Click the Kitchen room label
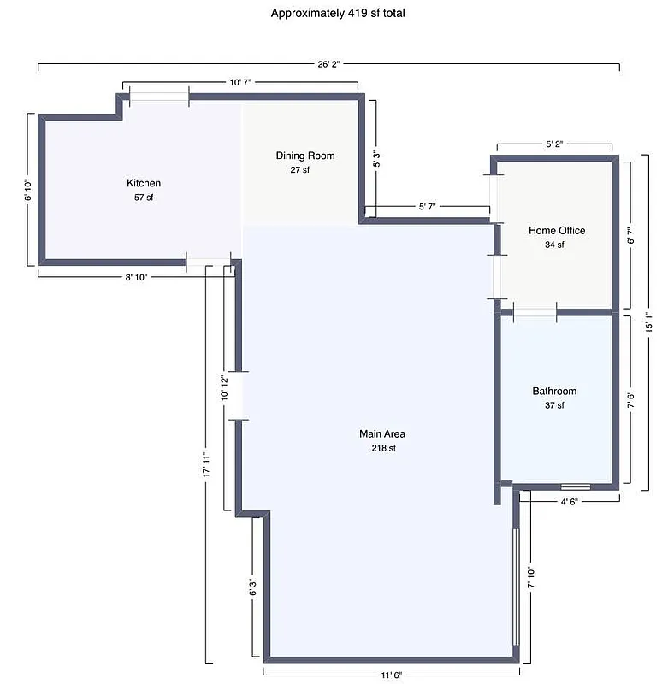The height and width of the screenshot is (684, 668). point(144,183)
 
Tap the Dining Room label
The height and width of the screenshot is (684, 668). point(305,156)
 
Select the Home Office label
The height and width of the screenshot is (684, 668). point(557,231)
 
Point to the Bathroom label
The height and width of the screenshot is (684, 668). point(554,391)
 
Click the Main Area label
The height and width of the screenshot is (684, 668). point(382,434)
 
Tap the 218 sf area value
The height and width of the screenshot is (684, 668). point(382,448)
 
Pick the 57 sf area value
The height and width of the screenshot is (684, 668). point(144,198)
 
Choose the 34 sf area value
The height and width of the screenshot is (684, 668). point(554,245)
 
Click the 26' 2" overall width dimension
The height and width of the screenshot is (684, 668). point(329,64)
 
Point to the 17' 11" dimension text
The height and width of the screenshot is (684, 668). point(206,470)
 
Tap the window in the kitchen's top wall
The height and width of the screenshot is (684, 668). point(159,97)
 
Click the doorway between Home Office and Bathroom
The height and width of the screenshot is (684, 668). point(535,311)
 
